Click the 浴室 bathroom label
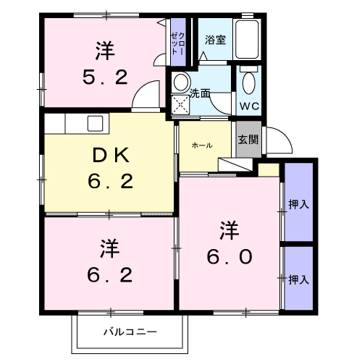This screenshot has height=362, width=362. point(215,40)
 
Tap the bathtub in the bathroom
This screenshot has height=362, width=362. point(247,39)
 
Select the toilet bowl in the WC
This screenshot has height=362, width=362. point(249,83)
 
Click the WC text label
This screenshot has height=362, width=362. point(249,106)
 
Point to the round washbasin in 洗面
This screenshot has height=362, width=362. point(181,82)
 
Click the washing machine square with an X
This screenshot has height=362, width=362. point(180,104)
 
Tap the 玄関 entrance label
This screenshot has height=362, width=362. point(248,140)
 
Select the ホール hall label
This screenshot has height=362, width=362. point(202,146)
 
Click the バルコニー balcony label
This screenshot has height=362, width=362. point(130,332)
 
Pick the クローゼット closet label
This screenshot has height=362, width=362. point(178,43)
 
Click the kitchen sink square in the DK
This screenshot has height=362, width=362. point(95,123)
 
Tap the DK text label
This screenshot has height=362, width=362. point(111,156)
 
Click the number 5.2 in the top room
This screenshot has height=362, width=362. point(105,77)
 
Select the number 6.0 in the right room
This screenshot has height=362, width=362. point(230,257)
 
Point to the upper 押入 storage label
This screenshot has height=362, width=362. point(299,204)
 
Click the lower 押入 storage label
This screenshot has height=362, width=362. point(299,279)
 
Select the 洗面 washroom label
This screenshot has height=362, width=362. point(200,93)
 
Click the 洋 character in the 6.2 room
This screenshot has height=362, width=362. point(110,248)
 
